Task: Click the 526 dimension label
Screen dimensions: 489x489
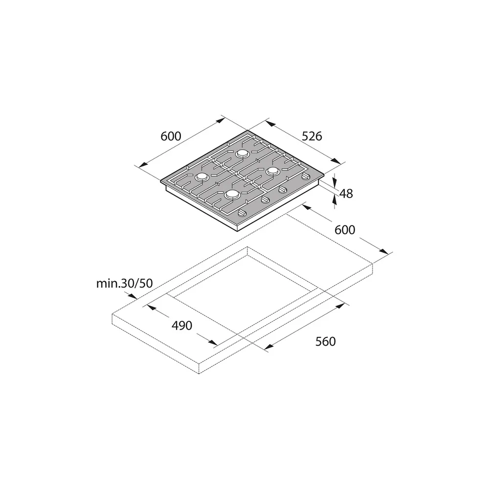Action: [312, 136]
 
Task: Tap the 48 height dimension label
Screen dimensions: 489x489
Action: [346, 194]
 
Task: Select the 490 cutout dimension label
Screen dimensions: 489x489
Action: [182, 326]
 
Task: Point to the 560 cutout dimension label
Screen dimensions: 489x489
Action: [326, 341]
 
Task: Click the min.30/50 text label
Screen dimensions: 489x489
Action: [124, 283]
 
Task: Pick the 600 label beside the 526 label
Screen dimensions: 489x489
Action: [171, 136]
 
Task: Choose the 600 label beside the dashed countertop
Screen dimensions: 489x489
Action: [345, 230]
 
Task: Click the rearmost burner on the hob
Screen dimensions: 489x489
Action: [242, 154]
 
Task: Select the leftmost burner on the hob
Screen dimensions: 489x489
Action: [201, 177]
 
